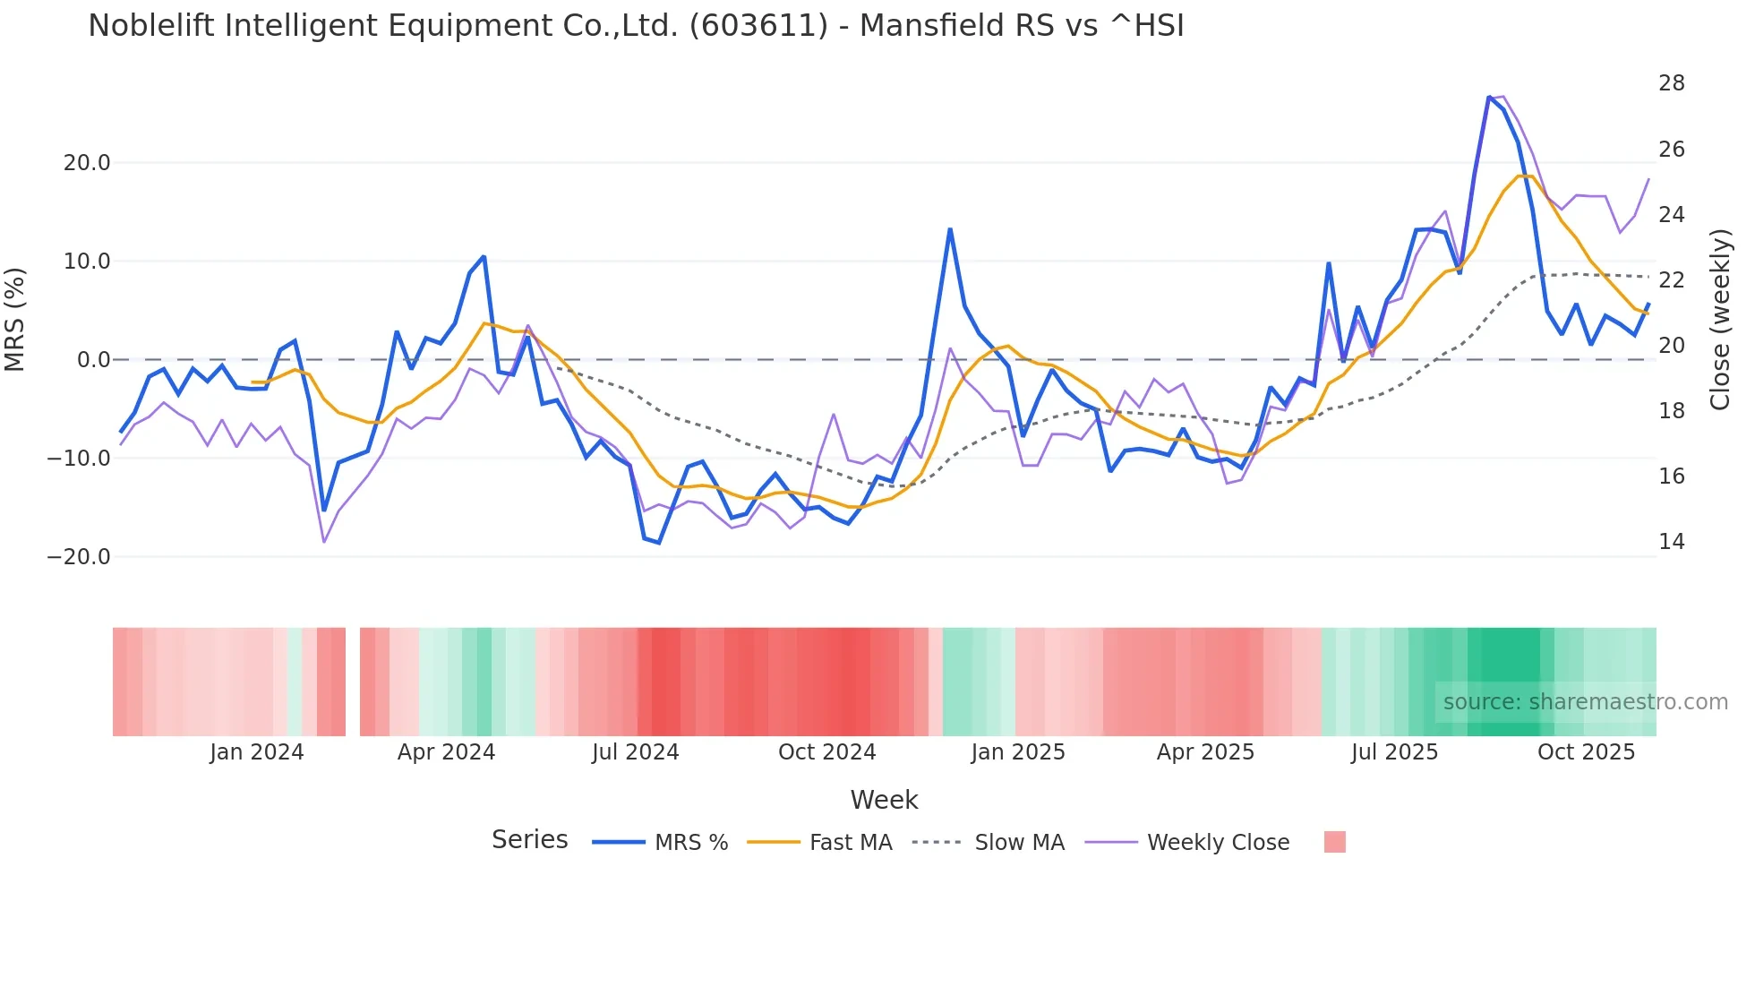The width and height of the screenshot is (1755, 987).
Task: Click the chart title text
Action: pyautogui.click(x=636, y=26)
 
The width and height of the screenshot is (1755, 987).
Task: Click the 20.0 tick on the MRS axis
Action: pyautogui.click(x=86, y=163)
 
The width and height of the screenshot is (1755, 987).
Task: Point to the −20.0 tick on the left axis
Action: pyautogui.click(x=79, y=557)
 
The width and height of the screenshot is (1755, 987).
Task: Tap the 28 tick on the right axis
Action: pyautogui.click(x=1671, y=83)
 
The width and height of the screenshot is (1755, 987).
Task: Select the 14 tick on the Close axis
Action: pyautogui.click(x=1671, y=542)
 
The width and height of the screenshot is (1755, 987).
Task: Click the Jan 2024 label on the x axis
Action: pyautogui.click(x=257, y=752)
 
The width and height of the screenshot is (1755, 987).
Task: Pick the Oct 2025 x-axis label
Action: pyautogui.click(x=1586, y=752)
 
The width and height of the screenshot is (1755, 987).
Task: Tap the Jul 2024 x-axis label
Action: pyautogui.click(x=636, y=752)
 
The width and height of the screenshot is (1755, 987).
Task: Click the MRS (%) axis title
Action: pyautogui.click(x=15, y=320)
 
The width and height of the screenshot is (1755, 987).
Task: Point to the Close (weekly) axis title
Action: pyautogui.click(x=1719, y=320)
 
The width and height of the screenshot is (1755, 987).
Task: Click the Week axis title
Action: pyautogui.click(x=884, y=800)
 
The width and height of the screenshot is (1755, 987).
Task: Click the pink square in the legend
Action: pyautogui.click(x=1334, y=842)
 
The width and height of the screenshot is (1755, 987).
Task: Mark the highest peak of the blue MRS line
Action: pyautogui.click(x=1489, y=98)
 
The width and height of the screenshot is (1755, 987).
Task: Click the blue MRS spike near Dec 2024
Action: pyautogui.click(x=950, y=230)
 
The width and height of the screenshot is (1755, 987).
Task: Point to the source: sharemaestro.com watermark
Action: pyautogui.click(x=1585, y=702)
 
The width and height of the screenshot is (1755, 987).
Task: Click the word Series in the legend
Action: pyautogui.click(x=529, y=840)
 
